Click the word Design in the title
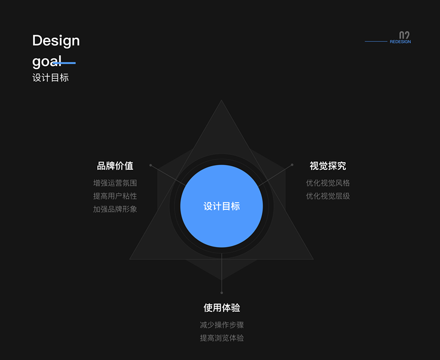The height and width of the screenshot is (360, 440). pos(56,41)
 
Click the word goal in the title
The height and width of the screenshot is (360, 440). pos(46,61)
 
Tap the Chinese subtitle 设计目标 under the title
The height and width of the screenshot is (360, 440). pos(50,77)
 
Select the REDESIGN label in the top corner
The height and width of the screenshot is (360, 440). pos(400,42)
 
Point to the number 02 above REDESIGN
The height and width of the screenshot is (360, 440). pos(405,35)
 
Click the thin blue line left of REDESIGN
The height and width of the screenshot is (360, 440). pos(376,41)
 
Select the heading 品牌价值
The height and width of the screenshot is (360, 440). pos(115,166)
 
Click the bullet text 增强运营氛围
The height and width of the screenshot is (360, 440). pos(115,183)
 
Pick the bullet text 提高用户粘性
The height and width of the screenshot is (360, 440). pos(115,196)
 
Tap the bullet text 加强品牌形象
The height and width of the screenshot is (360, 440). pos(115,209)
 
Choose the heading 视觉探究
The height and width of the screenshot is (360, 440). pos(327,166)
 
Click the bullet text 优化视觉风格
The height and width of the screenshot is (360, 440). pos(327,183)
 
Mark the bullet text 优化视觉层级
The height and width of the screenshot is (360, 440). pos(327,196)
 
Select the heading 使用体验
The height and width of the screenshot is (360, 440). pos(222,308)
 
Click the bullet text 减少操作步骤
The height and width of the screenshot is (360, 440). pos(222,325)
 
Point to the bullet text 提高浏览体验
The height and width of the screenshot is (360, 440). pos(222,338)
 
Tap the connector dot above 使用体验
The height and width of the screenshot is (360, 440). pos(222,293)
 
